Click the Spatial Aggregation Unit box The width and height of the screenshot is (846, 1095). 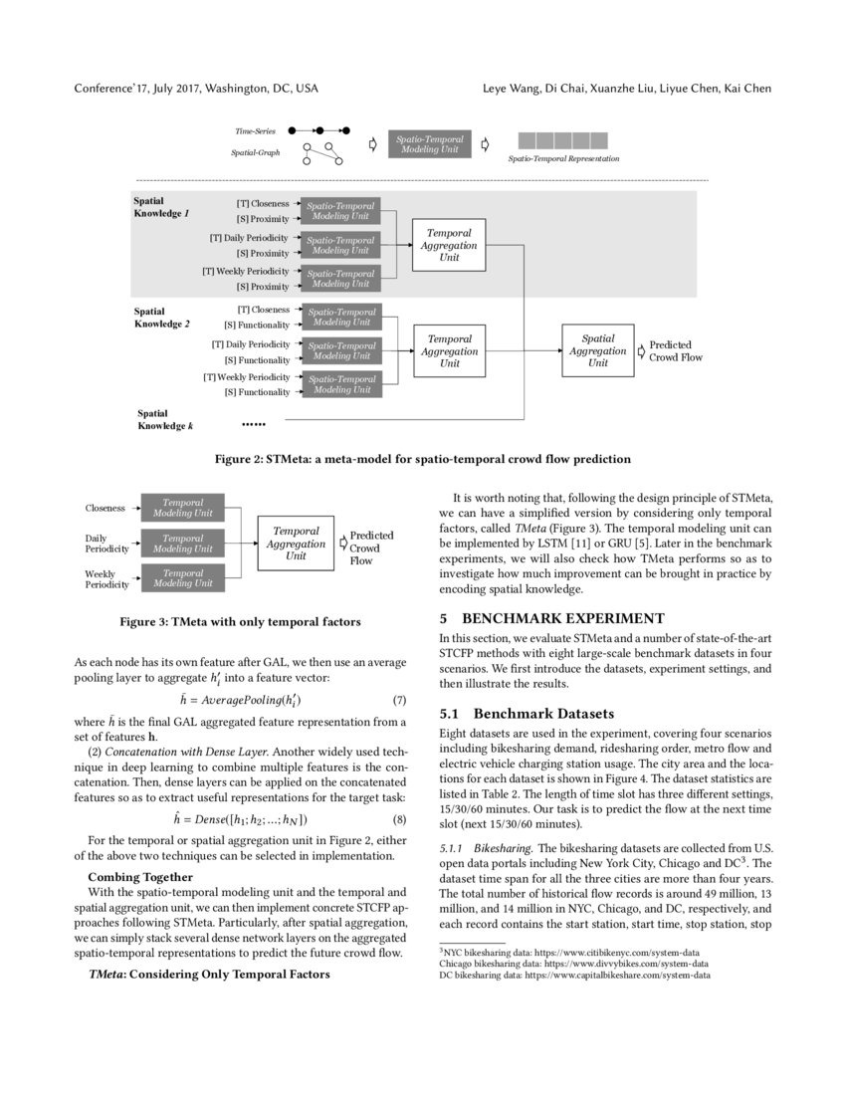(597, 350)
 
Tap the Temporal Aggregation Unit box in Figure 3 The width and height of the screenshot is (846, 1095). (296, 544)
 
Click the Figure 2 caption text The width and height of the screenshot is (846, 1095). (423, 459)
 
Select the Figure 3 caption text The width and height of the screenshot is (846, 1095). (240, 622)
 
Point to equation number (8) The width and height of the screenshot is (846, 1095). (399, 819)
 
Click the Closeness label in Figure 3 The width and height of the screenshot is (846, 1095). (105, 508)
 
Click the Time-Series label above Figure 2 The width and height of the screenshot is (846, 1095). (256, 130)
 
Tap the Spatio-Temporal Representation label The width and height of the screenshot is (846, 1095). (563, 158)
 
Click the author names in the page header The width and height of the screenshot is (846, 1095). (627, 89)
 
